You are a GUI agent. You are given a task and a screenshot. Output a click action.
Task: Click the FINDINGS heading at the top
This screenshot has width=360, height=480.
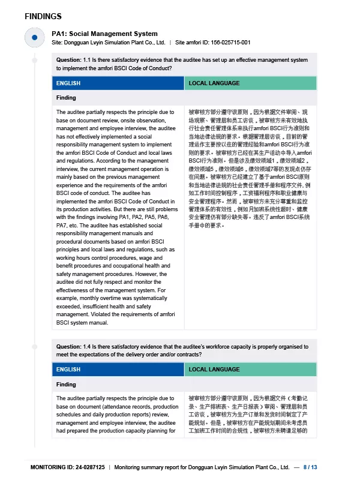pos(43,16)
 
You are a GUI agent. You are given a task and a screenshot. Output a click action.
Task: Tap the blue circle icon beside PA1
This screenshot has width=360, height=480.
pos(35,37)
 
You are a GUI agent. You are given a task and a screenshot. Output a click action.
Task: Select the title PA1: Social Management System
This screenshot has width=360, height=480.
pos(104,34)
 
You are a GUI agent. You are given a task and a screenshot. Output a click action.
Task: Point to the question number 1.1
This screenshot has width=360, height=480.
pos(88,60)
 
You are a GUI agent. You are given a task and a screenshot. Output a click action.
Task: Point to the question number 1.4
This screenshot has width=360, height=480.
pos(88,346)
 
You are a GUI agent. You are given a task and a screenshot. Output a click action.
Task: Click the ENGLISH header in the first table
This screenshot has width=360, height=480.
pos(68,83)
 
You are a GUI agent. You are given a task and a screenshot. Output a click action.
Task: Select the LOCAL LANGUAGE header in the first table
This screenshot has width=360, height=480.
pos(214,83)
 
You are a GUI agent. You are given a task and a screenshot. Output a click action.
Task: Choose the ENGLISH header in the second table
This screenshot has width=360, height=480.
pos(68,370)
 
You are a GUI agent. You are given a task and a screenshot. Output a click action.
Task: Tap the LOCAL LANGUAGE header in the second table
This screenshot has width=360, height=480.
pos(214,370)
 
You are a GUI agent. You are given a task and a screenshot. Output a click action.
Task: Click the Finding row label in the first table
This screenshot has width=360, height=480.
pos(66,97)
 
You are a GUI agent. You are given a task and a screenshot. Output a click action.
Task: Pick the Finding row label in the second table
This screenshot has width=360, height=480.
pos(66,384)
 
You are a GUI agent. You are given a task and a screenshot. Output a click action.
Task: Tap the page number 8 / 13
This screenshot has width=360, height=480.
pos(310,467)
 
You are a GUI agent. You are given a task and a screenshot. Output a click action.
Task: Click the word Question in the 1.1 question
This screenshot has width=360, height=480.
pos(68,60)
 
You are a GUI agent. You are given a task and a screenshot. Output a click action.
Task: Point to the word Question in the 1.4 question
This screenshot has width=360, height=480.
pos(68,346)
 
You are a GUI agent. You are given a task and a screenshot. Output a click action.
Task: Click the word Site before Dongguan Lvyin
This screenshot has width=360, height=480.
pos(57,43)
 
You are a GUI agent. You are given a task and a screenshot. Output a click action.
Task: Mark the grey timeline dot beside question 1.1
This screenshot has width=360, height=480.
pos(35,61)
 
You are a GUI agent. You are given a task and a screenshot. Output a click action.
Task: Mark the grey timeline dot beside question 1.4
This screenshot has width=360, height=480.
pos(35,347)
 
